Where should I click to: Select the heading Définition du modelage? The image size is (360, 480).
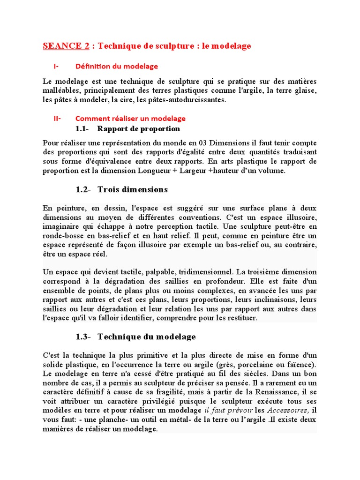[x=116, y=66]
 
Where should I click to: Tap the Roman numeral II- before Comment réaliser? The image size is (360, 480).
[x=57, y=118]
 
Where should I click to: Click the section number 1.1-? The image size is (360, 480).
[x=86, y=128]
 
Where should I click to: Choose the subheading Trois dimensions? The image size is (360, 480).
[x=132, y=189]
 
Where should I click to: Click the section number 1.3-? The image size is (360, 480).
[x=86, y=337]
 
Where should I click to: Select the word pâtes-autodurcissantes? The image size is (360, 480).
[x=187, y=100]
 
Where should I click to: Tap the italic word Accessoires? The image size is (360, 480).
[x=286, y=411]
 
